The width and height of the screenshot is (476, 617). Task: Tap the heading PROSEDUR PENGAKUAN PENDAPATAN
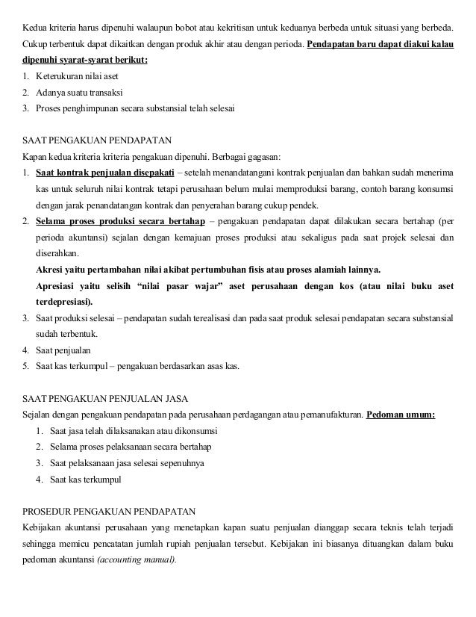point(109,512)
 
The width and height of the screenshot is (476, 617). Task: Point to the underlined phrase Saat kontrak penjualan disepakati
point(104,173)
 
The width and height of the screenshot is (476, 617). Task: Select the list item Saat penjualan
point(65,350)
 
